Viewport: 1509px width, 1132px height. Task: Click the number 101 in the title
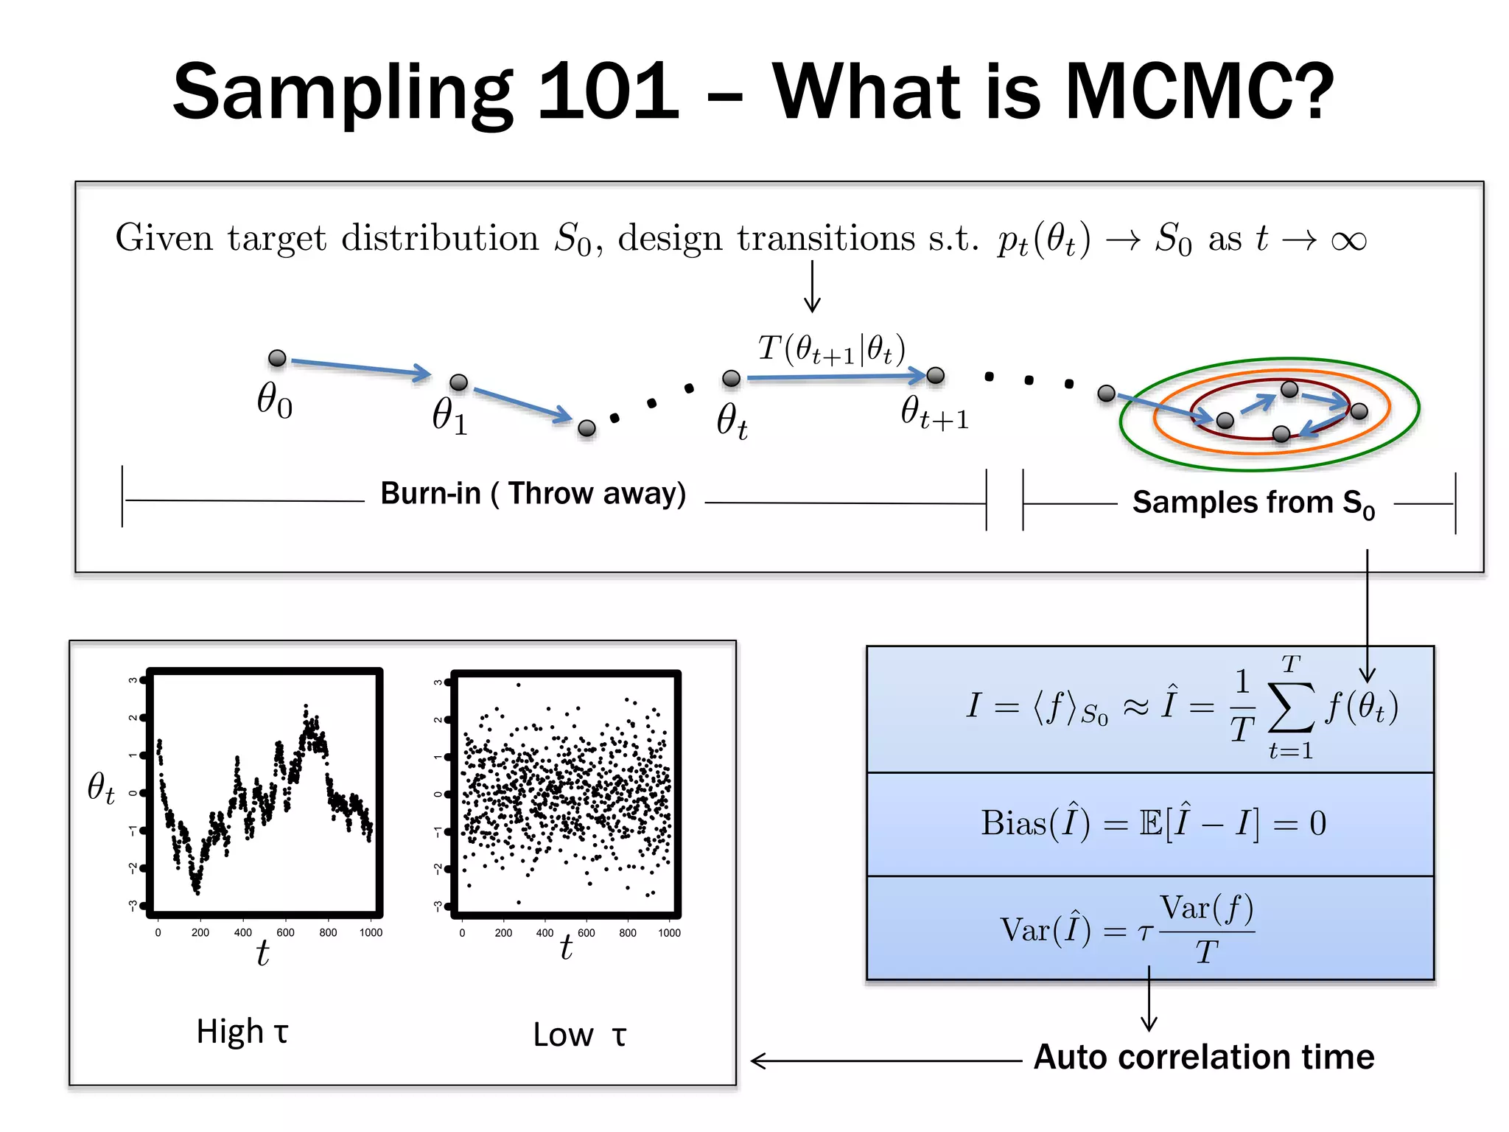(x=608, y=91)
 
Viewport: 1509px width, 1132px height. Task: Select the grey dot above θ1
(x=458, y=382)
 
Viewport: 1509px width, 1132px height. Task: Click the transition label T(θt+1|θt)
(x=831, y=349)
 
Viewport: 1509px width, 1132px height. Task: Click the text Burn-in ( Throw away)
(x=533, y=493)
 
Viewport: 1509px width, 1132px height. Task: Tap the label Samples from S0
(x=1253, y=503)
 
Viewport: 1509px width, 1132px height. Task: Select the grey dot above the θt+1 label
(x=935, y=375)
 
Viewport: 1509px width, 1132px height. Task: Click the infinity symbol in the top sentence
(x=1348, y=240)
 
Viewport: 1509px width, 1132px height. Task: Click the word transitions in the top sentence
(x=826, y=239)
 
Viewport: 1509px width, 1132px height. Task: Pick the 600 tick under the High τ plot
(x=285, y=932)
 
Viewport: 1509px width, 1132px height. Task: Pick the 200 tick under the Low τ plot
(x=503, y=933)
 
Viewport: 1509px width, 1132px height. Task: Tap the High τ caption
(x=242, y=1032)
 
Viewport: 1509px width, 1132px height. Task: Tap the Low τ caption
(x=579, y=1035)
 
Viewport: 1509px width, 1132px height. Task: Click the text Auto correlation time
(x=1203, y=1057)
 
